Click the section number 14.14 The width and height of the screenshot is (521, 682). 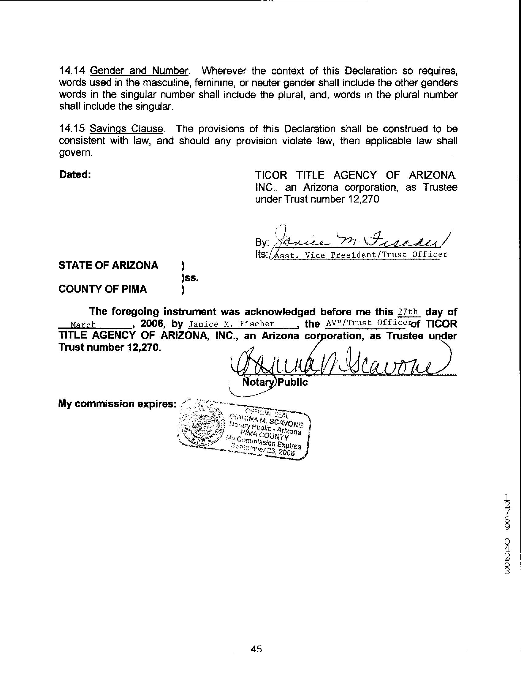click(x=72, y=71)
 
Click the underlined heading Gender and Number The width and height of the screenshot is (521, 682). click(x=139, y=71)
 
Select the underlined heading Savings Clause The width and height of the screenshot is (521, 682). click(x=126, y=129)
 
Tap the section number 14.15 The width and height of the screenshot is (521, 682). click(x=72, y=129)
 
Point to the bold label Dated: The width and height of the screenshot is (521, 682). click(x=75, y=175)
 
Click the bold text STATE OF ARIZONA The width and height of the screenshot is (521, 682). click(x=108, y=266)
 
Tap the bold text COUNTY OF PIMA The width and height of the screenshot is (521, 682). click(x=102, y=289)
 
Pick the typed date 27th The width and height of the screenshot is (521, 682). click(x=409, y=311)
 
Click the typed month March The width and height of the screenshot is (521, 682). click(x=83, y=325)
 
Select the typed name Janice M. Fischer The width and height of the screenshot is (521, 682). click(x=232, y=324)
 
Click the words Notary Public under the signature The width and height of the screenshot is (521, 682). click(x=275, y=382)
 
